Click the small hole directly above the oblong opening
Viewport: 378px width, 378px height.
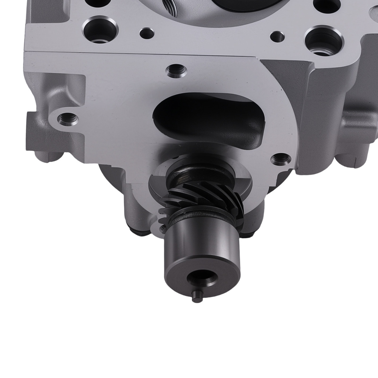(x=177, y=70)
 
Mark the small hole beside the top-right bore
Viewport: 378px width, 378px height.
(x=278, y=37)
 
